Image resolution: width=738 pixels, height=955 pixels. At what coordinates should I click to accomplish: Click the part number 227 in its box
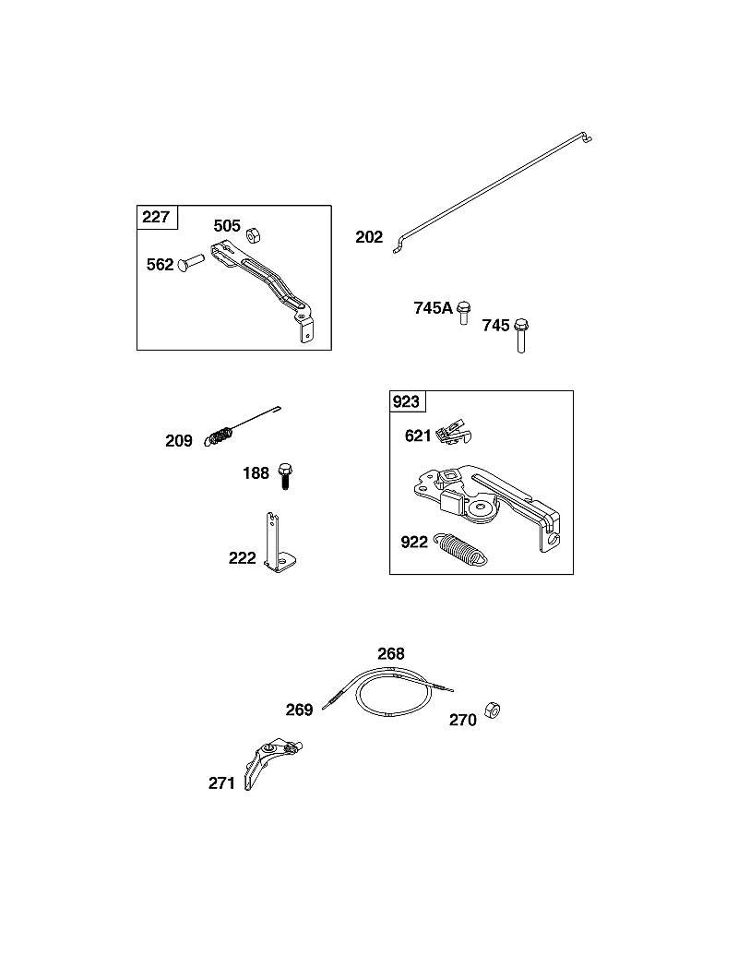156,217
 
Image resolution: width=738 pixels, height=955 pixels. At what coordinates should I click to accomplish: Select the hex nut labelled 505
253,234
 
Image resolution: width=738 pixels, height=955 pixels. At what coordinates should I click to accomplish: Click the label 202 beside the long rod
369,237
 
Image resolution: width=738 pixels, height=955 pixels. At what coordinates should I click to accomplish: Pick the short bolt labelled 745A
464,312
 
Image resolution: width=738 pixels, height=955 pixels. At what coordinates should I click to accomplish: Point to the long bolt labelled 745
521,335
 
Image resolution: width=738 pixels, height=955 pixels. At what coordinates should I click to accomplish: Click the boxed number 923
406,401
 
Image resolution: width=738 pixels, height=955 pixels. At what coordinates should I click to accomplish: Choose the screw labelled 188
284,476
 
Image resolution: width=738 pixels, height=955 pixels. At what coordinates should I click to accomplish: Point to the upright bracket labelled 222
278,544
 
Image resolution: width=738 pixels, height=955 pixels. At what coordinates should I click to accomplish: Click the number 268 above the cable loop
391,653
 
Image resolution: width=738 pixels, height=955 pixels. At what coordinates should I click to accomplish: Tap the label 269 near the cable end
299,710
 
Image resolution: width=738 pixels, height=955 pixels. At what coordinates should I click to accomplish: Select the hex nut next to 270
492,710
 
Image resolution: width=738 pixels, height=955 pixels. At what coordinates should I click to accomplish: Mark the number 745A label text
433,307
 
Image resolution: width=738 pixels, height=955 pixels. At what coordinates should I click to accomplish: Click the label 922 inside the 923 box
414,542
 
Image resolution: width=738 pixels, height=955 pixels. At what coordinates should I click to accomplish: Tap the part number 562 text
161,264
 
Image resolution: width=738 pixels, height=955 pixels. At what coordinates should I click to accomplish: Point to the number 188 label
256,472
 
